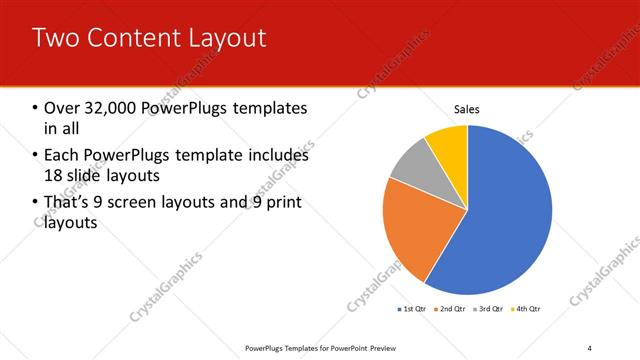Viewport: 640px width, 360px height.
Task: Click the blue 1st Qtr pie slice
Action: click(505, 210)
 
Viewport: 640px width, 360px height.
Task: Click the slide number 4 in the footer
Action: click(590, 347)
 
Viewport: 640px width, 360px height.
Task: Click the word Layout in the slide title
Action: click(228, 38)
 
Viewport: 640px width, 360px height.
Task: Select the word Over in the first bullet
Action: click(62, 107)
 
